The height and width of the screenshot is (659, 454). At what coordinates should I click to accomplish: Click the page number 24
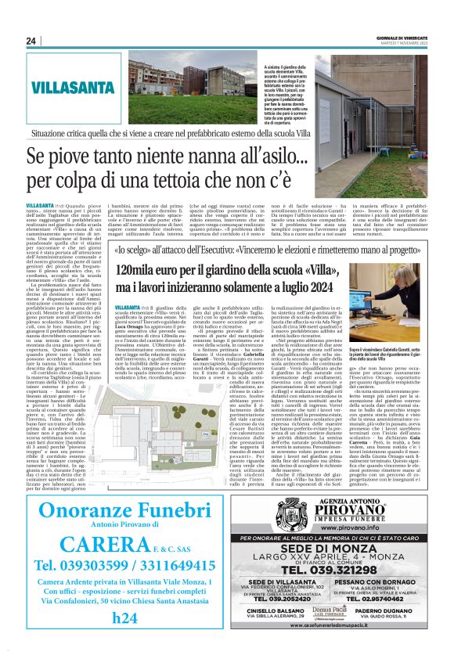click(x=31, y=41)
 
